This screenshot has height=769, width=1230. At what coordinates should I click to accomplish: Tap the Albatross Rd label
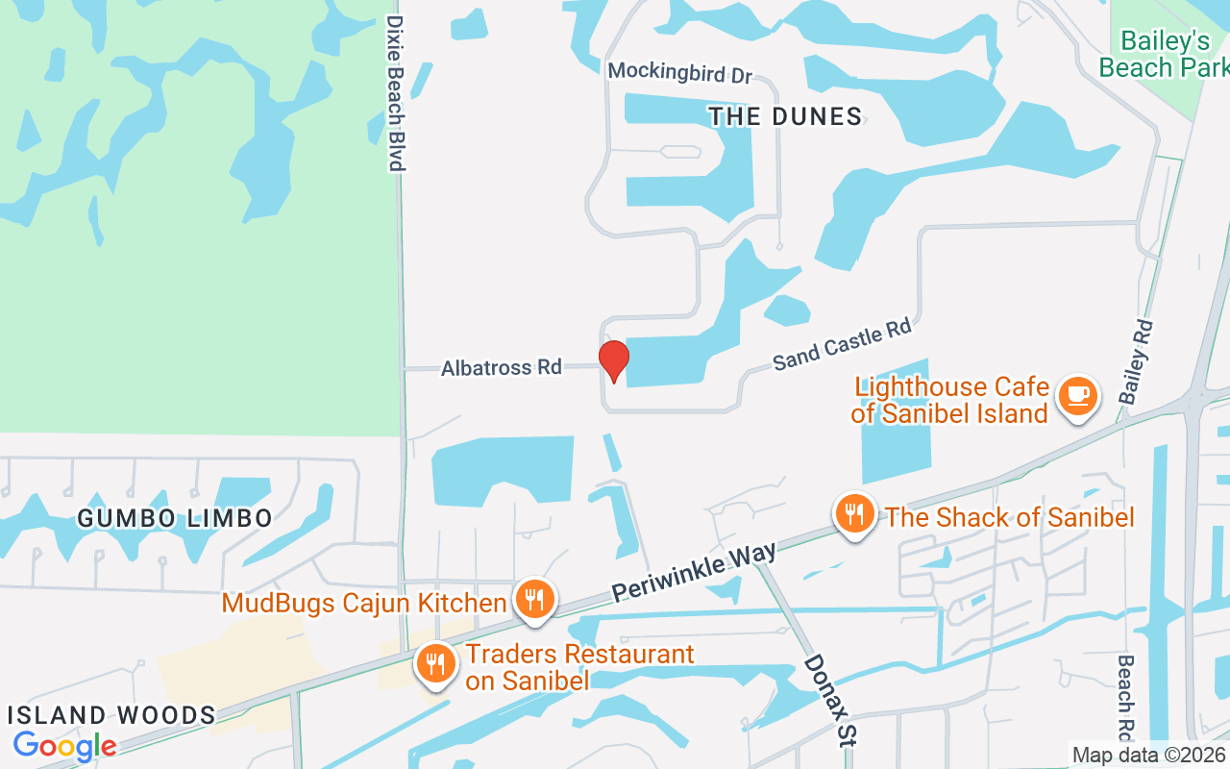click(x=501, y=367)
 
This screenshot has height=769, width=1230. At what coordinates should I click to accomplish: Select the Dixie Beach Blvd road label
click(x=395, y=92)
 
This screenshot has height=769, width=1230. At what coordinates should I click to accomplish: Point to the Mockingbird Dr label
click(x=680, y=72)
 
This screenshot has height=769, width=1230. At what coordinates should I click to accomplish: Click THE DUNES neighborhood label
click(x=785, y=117)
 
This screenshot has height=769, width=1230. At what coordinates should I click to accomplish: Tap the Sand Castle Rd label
click(x=842, y=345)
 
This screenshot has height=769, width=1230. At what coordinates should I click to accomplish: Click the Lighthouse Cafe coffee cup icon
click(x=1076, y=394)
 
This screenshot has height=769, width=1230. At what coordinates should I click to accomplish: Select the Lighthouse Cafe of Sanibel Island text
click(x=950, y=401)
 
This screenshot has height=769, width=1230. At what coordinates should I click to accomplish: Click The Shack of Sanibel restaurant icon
click(x=853, y=513)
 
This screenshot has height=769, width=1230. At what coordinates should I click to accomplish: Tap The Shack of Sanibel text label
click(x=1009, y=517)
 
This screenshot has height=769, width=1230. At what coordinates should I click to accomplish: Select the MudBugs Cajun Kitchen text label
click(x=364, y=604)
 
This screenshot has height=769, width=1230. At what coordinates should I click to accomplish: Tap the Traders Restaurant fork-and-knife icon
click(x=435, y=662)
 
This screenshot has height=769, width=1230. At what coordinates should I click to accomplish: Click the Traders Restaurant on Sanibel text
click(x=579, y=667)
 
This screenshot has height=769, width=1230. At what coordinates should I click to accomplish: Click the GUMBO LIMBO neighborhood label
click(x=175, y=519)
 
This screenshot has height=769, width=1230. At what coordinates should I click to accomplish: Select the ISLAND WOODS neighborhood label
click(x=112, y=715)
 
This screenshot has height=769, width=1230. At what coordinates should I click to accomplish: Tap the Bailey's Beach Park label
click(x=1164, y=54)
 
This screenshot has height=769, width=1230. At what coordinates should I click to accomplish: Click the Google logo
click(x=64, y=745)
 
